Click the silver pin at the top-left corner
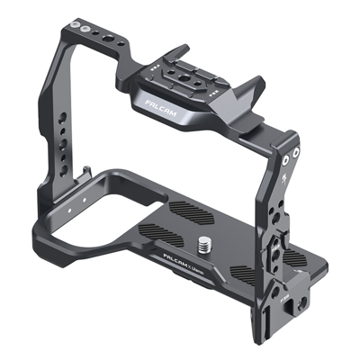(x=85, y=30)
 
